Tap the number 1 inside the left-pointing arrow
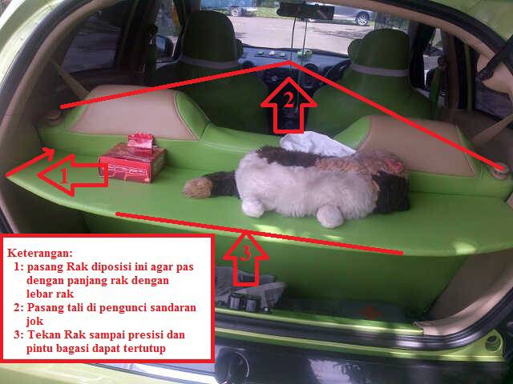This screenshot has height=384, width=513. click(64, 177)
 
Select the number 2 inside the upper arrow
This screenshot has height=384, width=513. click(289, 101)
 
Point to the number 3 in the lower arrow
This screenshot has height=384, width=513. click(246, 253)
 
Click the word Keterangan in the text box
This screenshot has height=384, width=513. click(39, 253)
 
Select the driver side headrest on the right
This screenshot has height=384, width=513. click(379, 52)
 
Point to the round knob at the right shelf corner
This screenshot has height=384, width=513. click(500, 170)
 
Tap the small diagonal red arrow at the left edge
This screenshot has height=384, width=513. click(30, 162)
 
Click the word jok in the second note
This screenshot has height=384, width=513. click(34, 322)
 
